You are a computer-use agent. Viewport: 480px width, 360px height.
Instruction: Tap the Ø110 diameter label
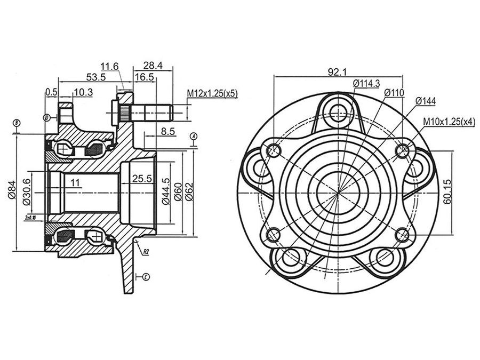[394, 93]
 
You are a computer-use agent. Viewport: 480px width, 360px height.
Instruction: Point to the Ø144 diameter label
[425, 100]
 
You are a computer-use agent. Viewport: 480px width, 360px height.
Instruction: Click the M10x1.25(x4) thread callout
[449, 122]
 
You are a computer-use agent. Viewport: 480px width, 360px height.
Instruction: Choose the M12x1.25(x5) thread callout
[212, 93]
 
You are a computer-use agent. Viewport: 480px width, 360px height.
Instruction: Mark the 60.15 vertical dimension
[448, 192]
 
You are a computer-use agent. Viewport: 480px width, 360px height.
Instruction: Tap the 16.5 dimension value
[144, 77]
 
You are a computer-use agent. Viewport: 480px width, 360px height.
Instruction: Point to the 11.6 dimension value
[109, 66]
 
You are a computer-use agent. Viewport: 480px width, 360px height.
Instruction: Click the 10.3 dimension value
[83, 92]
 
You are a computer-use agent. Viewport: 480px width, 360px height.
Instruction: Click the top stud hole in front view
[338, 113]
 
